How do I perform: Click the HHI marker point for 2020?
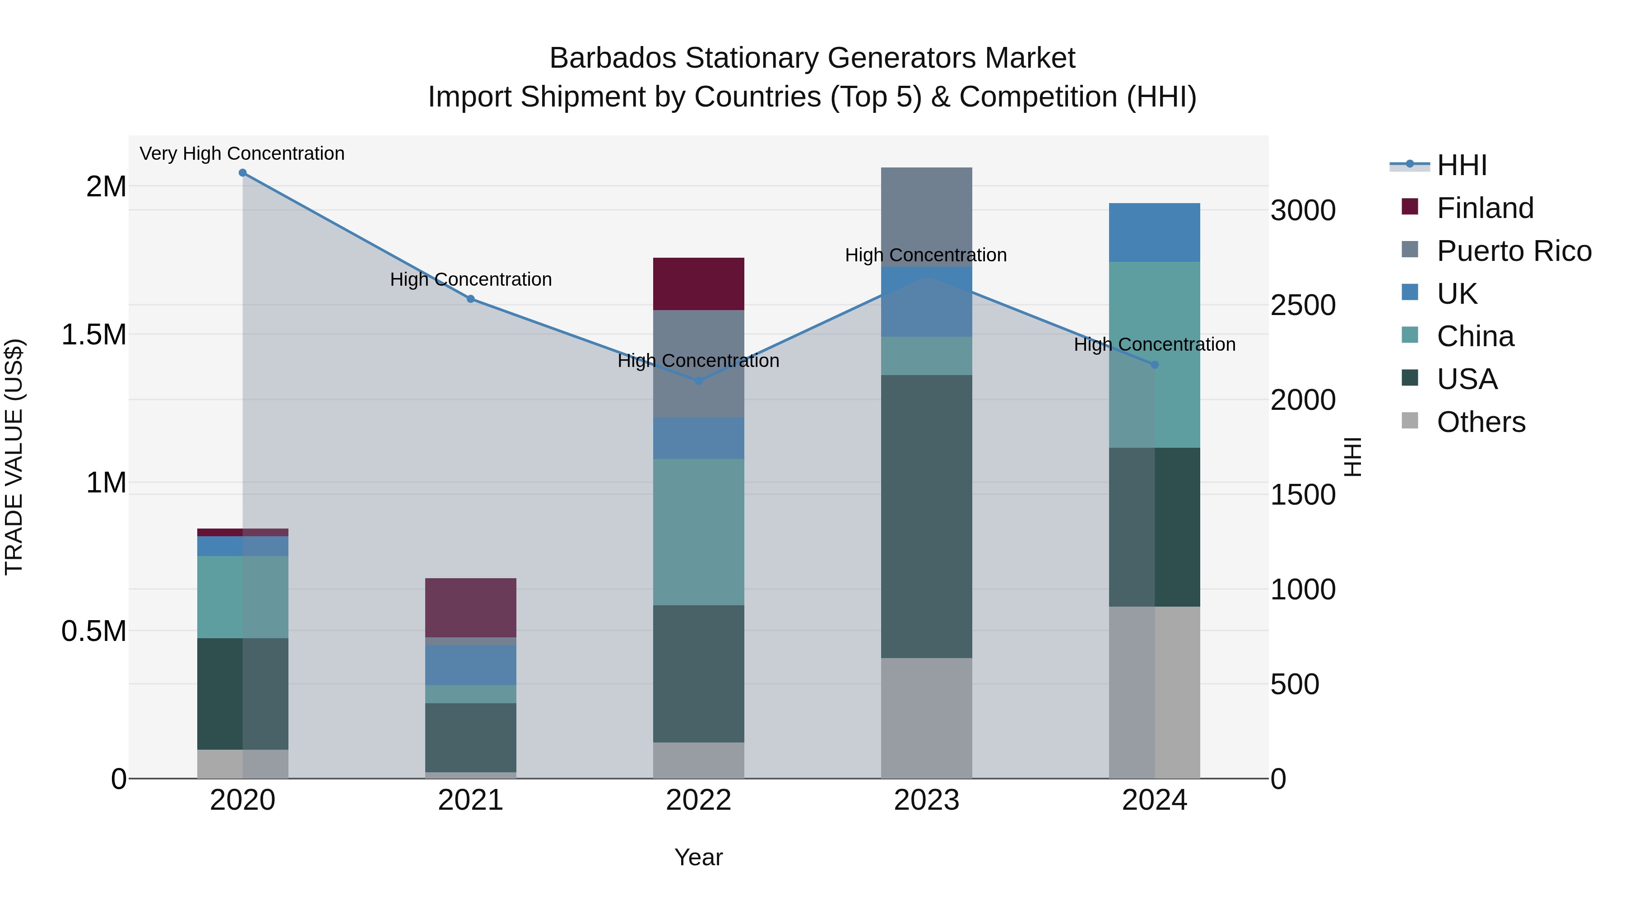[x=243, y=173]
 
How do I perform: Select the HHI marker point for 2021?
[x=471, y=299]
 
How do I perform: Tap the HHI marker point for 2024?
[x=1154, y=365]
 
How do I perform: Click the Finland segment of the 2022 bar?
[x=698, y=284]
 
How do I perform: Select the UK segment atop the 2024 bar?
[x=1154, y=232]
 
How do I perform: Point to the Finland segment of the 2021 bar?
[x=471, y=608]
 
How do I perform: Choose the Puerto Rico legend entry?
[x=1514, y=251]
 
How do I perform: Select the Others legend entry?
[x=1481, y=422]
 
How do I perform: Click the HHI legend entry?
[x=1461, y=165]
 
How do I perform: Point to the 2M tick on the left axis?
[x=106, y=187]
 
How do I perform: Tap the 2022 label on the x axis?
[x=698, y=800]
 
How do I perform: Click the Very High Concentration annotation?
[x=242, y=153]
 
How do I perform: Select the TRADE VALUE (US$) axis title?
[x=14, y=457]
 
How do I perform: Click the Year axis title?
[x=698, y=857]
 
